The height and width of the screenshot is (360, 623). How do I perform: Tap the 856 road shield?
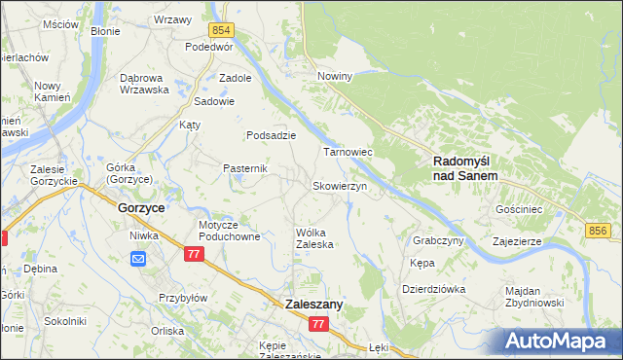[599, 230]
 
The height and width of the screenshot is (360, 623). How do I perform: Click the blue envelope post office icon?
[138, 258]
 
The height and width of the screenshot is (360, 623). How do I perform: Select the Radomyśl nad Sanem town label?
[465, 168]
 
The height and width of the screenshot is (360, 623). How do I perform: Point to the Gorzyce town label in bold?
[140, 208]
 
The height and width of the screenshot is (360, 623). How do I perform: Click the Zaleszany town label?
[314, 305]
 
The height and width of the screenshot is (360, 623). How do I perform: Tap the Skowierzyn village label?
[339, 186]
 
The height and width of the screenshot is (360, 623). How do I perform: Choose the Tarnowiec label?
[348, 153]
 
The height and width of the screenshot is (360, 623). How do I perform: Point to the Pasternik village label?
[245, 168]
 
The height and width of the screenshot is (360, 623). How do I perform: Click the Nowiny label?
[334, 75]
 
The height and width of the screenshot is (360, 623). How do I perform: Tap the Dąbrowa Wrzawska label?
[144, 84]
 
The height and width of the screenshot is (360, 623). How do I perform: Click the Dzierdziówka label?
[434, 289]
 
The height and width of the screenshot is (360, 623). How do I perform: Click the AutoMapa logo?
[562, 342]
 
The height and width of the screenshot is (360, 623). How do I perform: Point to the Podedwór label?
[210, 46]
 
